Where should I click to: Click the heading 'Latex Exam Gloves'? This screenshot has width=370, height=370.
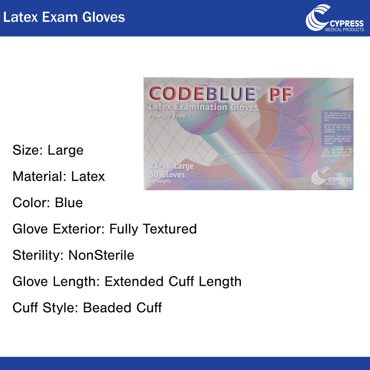coord(63,17)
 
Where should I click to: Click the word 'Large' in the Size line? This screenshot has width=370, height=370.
coord(65,150)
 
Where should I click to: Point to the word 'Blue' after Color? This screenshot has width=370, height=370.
coord(68,203)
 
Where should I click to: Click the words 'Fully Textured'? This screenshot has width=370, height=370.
coord(153,229)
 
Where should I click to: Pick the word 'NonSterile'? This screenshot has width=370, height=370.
coord(101,255)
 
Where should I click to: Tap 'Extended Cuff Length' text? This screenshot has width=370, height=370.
coord(173,281)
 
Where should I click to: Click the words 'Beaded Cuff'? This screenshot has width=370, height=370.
coord(123,308)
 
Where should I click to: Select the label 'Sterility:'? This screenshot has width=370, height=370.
coord(38,255)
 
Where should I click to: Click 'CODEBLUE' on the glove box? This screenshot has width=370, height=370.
coord(203,94)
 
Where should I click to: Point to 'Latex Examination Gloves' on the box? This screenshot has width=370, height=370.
coord(201,107)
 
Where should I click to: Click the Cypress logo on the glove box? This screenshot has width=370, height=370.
coord(331,178)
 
